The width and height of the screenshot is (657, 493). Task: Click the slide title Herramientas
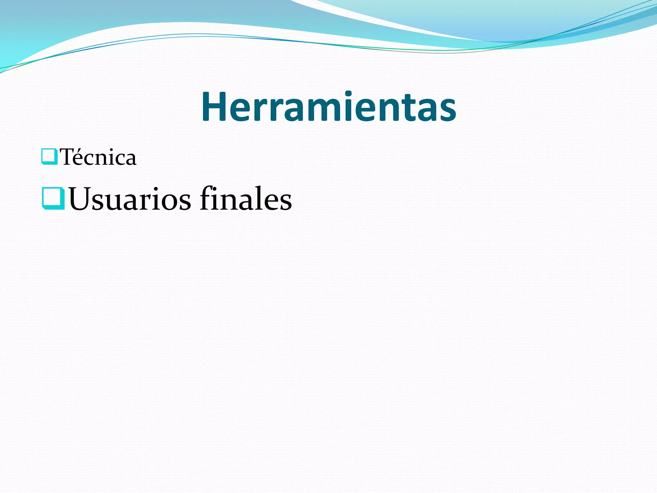[x=328, y=107]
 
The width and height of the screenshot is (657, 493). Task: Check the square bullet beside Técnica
[x=49, y=157]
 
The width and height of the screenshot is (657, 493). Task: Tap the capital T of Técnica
[x=69, y=157]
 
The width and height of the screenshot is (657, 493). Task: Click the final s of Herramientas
[x=447, y=111]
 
